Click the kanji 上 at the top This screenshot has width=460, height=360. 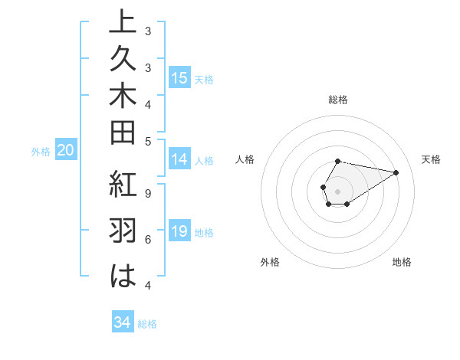pyautogui.click(x=123, y=23)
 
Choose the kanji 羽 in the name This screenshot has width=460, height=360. pyautogui.click(x=123, y=231)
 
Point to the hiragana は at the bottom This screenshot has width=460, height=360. pyautogui.click(x=123, y=276)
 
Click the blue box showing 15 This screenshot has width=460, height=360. pyautogui.click(x=179, y=78)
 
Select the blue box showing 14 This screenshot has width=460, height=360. pyautogui.click(x=179, y=160)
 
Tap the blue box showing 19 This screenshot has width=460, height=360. pyautogui.click(x=179, y=232)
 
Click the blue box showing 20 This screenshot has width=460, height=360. pyautogui.click(x=65, y=151)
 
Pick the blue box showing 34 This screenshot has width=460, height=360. pyautogui.click(x=122, y=322)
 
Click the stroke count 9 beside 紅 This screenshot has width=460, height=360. pyautogui.click(x=148, y=193)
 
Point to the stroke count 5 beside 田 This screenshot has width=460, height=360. pyautogui.click(x=148, y=141)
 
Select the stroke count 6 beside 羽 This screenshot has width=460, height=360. pyautogui.click(x=148, y=240)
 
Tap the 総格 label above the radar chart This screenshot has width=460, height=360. pyautogui.click(x=338, y=100)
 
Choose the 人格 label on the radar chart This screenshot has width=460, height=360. pyautogui.click(x=245, y=159)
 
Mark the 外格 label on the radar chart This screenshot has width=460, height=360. pyautogui.click(x=270, y=262)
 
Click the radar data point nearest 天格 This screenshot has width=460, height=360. pyautogui.click(x=396, y=172)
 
